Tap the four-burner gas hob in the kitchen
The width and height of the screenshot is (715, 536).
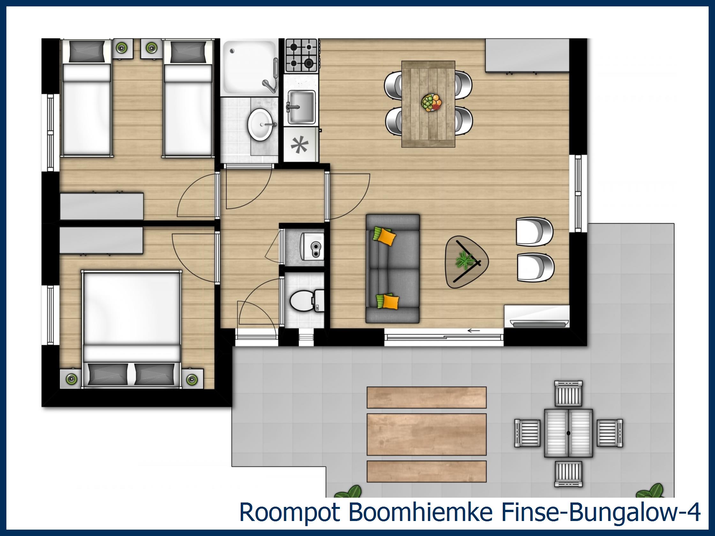point(301,55)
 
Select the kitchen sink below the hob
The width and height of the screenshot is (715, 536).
point(301,106)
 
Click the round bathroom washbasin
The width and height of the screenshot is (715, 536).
point(262,124)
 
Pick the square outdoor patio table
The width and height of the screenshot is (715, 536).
point(568,433)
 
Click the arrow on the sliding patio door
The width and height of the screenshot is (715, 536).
point(474,330)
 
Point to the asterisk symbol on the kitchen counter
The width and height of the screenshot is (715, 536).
point(299,145)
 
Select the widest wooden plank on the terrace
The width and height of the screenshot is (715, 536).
point(426,434)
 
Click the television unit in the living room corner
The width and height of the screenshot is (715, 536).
point(537,316)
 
